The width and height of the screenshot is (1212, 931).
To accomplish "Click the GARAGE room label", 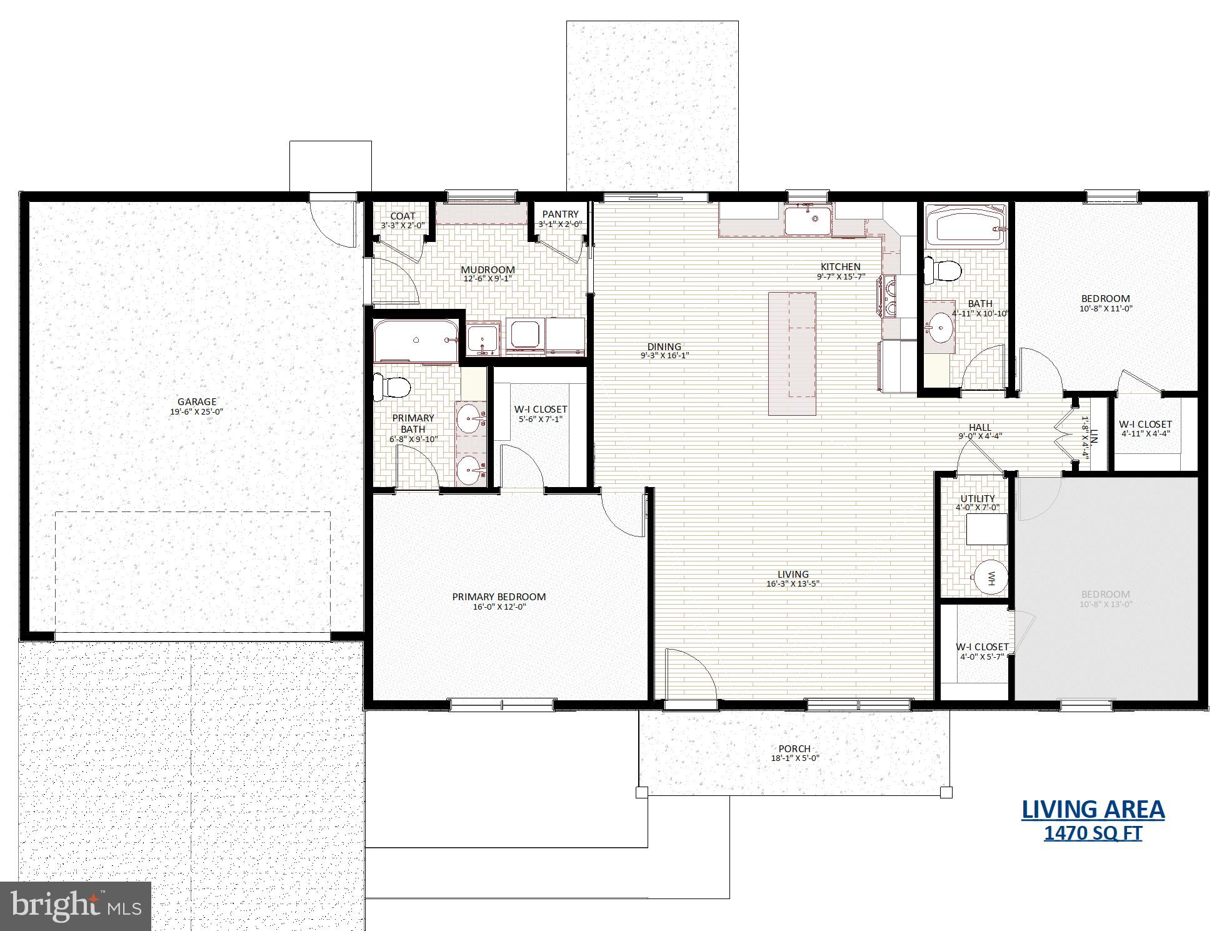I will tap(197, 402).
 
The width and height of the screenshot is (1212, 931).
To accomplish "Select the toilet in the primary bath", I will tap(390, 387).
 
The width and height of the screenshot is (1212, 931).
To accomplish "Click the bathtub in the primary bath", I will tap(416, 340).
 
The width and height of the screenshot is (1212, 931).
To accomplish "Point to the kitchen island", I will tap(792, 353).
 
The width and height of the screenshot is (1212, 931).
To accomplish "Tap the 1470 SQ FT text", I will tap(1093, 833).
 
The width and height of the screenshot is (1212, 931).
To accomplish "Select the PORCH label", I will tap(794, 748).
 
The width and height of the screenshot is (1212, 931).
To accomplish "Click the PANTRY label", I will tap(560, 214).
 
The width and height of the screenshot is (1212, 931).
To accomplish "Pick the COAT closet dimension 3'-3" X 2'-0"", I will tap(403, 225).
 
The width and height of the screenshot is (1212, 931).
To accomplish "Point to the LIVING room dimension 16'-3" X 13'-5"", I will tap(793, 584).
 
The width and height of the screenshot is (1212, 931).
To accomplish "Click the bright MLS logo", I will tap(76, 906).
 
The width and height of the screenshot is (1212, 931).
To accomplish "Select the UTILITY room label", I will tap(978, 499).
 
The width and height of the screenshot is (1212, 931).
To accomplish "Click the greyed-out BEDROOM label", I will tap(1105, 595).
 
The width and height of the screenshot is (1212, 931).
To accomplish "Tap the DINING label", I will tap(664, 346).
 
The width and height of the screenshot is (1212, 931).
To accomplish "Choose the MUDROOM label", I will tap(488, 270).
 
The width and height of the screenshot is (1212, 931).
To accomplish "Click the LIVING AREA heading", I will tap(1093, 809).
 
